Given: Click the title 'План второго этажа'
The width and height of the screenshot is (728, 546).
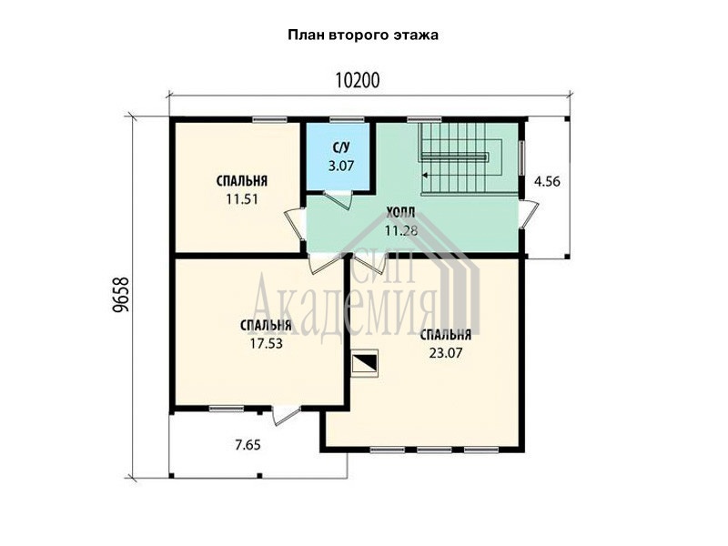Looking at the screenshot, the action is point(363,35).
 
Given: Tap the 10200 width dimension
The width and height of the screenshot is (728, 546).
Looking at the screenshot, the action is point(358,80).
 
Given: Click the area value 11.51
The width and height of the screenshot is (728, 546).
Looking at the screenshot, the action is point(242,199).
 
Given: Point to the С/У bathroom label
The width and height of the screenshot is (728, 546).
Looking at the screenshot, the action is point(340,148).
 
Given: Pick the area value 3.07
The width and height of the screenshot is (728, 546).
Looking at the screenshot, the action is point(341,166).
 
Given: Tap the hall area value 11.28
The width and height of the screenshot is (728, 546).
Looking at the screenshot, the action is point(401,230).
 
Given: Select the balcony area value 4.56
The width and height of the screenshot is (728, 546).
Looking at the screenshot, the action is point(547,181).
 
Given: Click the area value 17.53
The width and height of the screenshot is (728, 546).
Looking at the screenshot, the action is point(266,344).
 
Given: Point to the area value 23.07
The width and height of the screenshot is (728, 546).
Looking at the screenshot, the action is point(446,353).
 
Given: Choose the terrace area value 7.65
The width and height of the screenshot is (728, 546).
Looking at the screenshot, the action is point(248,445).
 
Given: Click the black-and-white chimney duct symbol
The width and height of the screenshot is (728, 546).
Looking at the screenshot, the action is point(366,362).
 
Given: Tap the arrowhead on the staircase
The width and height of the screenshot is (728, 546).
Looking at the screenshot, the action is point(425,176).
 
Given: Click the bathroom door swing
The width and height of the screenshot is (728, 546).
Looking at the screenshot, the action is point(339,199).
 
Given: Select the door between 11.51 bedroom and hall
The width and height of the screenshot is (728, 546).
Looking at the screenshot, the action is point(295,224).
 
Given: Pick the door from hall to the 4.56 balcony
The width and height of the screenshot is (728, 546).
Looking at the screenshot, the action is point(530,215).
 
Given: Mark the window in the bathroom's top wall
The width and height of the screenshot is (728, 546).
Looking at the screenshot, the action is point(347,120).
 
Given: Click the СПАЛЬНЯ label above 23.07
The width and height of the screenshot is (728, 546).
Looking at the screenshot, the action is point(446,335).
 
